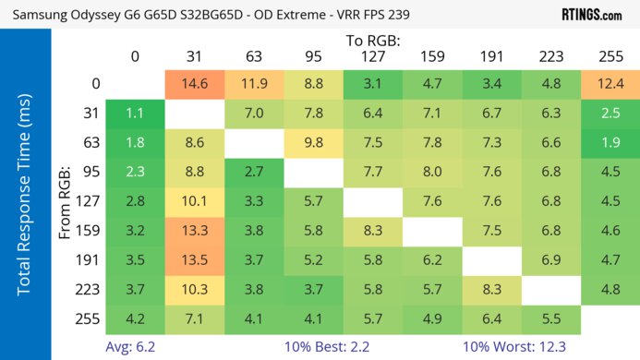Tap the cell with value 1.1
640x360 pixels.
[x=135, y=114]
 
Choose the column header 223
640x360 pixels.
[x=551, y=56]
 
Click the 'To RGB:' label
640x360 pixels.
[x=374, y=41]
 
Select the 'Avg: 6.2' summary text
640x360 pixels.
[x=132, y=346]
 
